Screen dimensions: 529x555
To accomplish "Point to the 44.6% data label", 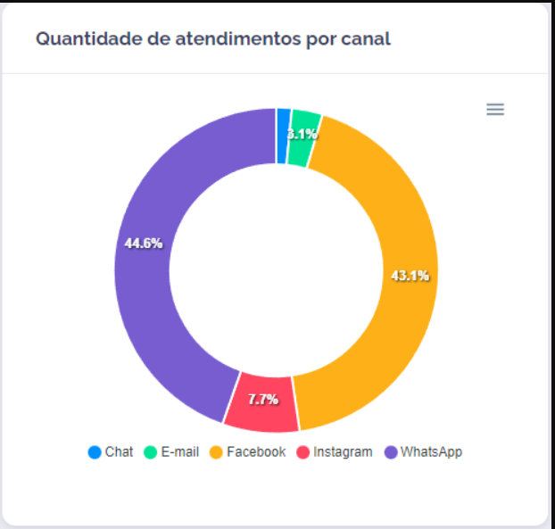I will tap(143, 243).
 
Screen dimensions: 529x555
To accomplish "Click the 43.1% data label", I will tap(410, 276).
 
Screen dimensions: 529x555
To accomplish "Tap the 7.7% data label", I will tap(263, 400).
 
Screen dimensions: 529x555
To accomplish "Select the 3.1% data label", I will tap(302, 135).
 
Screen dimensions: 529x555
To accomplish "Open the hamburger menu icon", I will tap(495, 109).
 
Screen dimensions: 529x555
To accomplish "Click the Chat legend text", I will tap(119, 451).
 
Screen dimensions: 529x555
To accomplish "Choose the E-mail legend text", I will tap(179, 451).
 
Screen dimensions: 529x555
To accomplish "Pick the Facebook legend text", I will tap(256, 451).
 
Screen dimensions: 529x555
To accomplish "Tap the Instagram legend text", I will tap(343, 451).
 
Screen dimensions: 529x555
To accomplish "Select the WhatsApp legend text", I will tap(431, 451).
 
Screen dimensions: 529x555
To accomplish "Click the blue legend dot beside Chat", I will tap(95, 451).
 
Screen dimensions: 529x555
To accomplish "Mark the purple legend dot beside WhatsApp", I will tap(391, 451).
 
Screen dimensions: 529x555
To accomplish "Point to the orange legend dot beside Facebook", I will tap(216, 451).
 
